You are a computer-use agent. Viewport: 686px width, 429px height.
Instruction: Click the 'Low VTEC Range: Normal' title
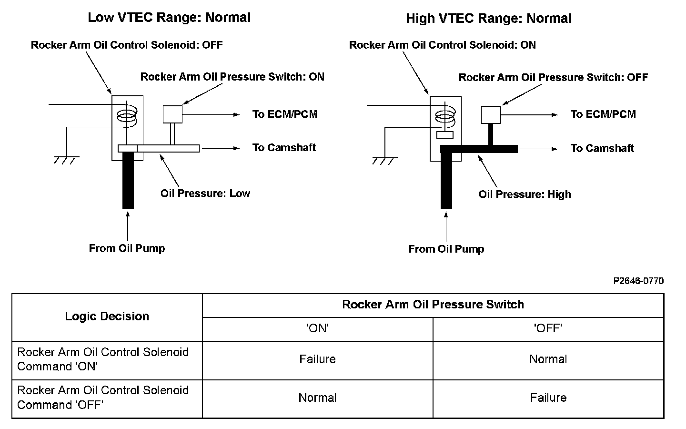click(169, 18)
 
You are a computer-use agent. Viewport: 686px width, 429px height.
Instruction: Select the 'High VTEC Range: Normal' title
click(488, 19)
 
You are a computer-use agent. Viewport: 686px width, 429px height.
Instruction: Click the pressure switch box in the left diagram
click(173, 114)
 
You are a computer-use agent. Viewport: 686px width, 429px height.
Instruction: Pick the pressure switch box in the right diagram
click(491, 114)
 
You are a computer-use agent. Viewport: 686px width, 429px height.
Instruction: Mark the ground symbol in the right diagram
click(384, 160)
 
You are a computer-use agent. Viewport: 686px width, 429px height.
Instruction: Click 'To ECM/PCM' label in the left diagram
click(284, 114)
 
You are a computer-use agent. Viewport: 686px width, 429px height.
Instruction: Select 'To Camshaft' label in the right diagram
click(602, 148)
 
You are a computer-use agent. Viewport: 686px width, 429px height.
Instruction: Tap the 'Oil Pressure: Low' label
click(205, 193)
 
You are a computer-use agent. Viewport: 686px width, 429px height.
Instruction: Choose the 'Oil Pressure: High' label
click(525, 194)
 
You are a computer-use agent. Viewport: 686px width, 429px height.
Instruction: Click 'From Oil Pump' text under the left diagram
click(127, 248)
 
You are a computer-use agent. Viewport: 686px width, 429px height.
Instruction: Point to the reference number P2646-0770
click(638, 281)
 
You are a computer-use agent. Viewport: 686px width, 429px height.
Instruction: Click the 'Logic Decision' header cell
click(107, 317)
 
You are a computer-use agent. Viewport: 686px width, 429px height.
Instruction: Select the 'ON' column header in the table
click(318, 328)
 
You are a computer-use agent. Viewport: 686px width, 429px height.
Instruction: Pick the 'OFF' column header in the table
click(548, 328)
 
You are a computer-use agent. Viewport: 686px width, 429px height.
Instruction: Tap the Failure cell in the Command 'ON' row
click(317, 359)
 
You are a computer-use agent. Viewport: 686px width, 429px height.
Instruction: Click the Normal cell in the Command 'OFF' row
click(317, 398)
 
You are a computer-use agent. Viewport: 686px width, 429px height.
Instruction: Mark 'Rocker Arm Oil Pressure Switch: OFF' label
click(553, 77)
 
